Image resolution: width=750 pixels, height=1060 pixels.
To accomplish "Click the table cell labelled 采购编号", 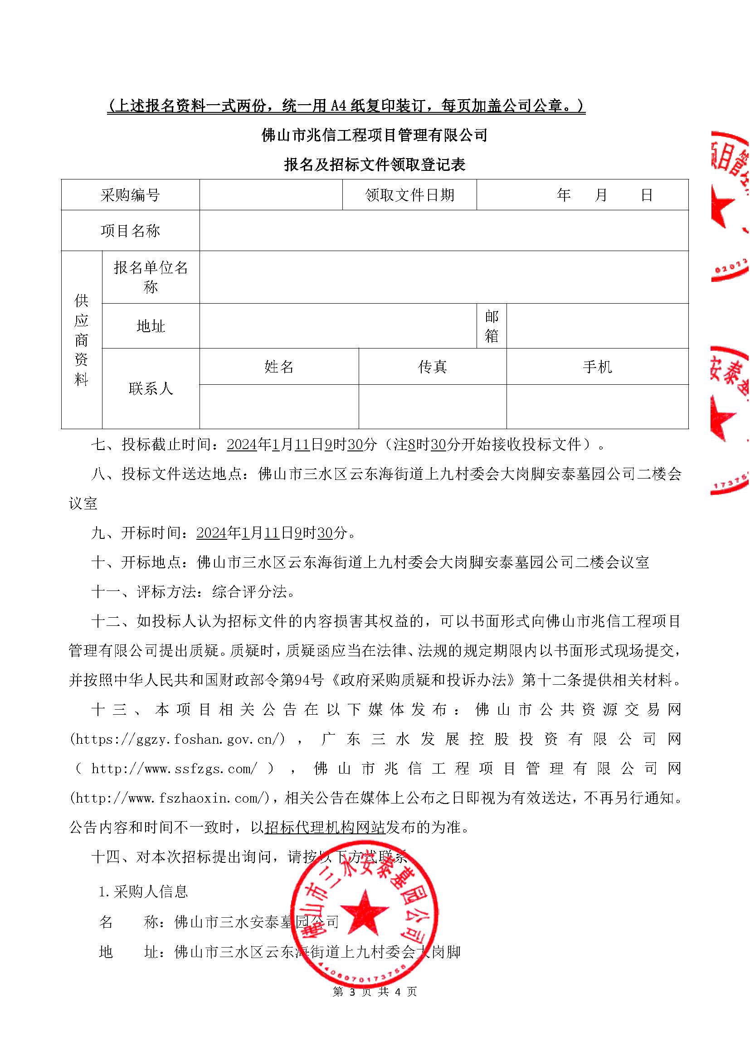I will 130,195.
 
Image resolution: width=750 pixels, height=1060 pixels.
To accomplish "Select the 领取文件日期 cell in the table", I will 409,195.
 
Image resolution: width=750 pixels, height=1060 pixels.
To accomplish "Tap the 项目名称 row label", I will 130,230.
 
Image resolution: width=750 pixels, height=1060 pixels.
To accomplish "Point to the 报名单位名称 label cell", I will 151,277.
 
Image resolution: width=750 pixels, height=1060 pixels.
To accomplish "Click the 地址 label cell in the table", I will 151,326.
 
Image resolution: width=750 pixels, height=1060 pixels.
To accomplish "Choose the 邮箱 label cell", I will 492,326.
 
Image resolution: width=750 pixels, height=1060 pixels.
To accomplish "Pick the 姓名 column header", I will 279,367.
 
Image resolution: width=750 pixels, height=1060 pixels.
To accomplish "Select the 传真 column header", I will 432,367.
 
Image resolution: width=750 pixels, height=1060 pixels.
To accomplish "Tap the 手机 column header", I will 597,367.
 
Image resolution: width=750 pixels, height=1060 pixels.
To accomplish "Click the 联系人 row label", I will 151,388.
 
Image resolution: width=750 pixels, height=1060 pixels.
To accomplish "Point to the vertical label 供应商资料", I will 81,340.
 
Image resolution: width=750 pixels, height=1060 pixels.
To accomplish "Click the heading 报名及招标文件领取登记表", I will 375,165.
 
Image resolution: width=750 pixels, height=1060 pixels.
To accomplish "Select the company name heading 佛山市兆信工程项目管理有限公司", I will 375,135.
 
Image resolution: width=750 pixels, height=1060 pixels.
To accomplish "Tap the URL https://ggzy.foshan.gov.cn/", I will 177,739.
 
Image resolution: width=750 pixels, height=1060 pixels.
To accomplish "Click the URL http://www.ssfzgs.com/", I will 174,769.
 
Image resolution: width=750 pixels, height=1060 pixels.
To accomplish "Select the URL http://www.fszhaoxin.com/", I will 170,798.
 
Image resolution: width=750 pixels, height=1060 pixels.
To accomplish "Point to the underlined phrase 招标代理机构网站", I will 325,828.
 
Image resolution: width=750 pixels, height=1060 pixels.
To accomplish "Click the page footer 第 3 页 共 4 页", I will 375,992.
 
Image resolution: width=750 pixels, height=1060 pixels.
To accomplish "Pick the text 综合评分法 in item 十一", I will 249,592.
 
